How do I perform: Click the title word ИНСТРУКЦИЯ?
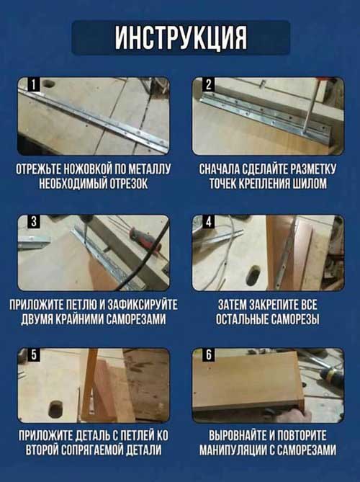pos(180,37)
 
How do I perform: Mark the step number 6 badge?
pos(208,356)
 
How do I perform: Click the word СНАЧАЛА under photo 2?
pos(220,170)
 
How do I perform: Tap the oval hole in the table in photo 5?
pos(55,411)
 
